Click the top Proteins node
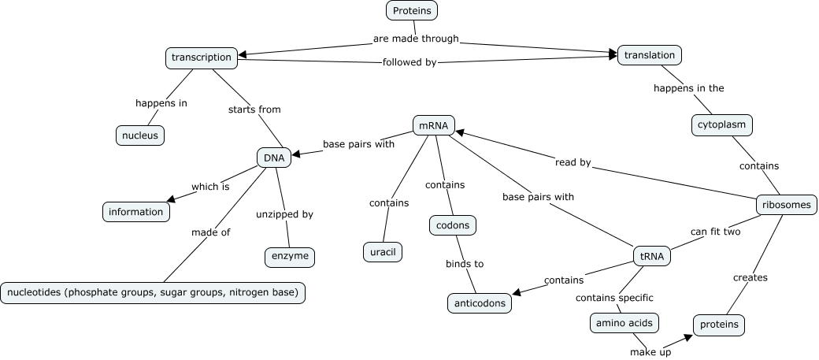pyautogui.click(x=412, y=10)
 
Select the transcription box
pyautogui.click(x=202, y=58)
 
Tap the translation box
pyautogui.click(x=650, y=55)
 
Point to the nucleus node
pyautogui.click(x=139, y=135)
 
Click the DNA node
pyautogui.click(x=274, y=158)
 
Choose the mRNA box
pyautogui.click(x=434, y=125)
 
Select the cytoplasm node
pyautogui.click(x=722, y=124)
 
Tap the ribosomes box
pyautogui.click(x=785, y=205)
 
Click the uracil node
pyautogui.click(x=384, y=252)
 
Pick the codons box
pyautogui.click(x=453, y=225)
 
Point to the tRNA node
pyautogui.click(x=651, y=256)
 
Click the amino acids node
pyautogui.click(x=624, y=323)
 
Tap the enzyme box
pyautogui.click(x=290, y=257)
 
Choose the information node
pyautogui.click(x=135, y=211)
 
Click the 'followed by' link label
pyautogui.click(x=409, y=61)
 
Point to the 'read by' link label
pyautogui.click(x=573, y=163)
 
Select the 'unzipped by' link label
pyautogui.click(x=284, y=213)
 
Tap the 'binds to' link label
pyautogui.click(x=465, y=264)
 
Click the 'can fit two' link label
pyautogui.click(x=715, y=232)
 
